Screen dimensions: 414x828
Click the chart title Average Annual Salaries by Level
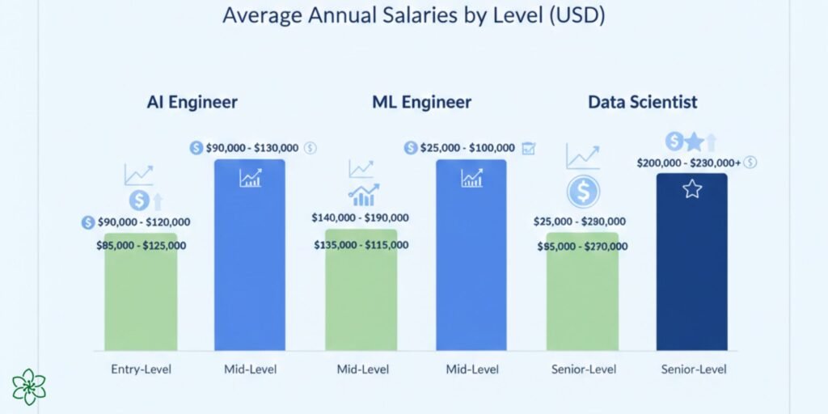click(413, 15)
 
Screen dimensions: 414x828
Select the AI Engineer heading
click(192, 103)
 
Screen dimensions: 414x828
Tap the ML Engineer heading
click(421, 103)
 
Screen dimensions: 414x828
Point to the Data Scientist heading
click(642, 103)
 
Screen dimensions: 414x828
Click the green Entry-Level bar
click(141, 299)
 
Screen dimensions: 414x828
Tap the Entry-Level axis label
click(141, 370)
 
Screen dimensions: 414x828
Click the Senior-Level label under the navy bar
click(693, 370)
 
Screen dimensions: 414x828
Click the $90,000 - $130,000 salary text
click(251, 148)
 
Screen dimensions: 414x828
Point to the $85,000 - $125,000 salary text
click(141, 245)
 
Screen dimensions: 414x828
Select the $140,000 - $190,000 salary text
click(361, 218)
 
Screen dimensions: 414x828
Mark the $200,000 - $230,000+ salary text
click(700, 163)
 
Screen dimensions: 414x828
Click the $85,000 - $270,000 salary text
click(582, 246)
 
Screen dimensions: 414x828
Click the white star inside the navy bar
click(692, 190)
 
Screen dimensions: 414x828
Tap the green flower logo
click(29, 387)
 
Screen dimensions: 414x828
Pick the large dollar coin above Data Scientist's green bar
click(582, 192)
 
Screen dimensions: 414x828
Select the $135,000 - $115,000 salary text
click(361, 245)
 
